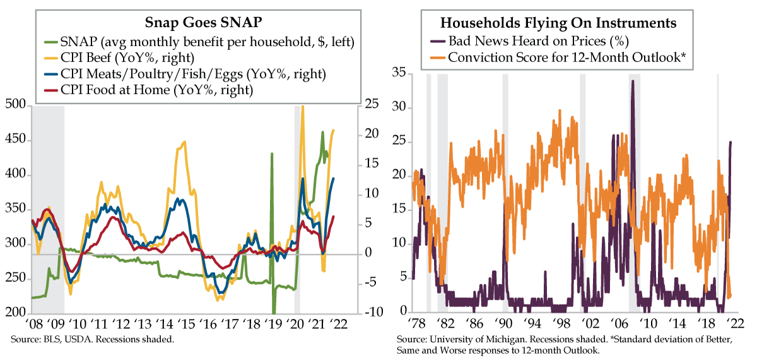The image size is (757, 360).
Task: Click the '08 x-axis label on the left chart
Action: [x=35, y=325]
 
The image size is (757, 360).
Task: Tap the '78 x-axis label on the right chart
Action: [x=417, y=325]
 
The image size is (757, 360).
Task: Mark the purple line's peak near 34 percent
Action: [x=632, y=81]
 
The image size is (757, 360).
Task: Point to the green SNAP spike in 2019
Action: [x=272, y=154]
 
